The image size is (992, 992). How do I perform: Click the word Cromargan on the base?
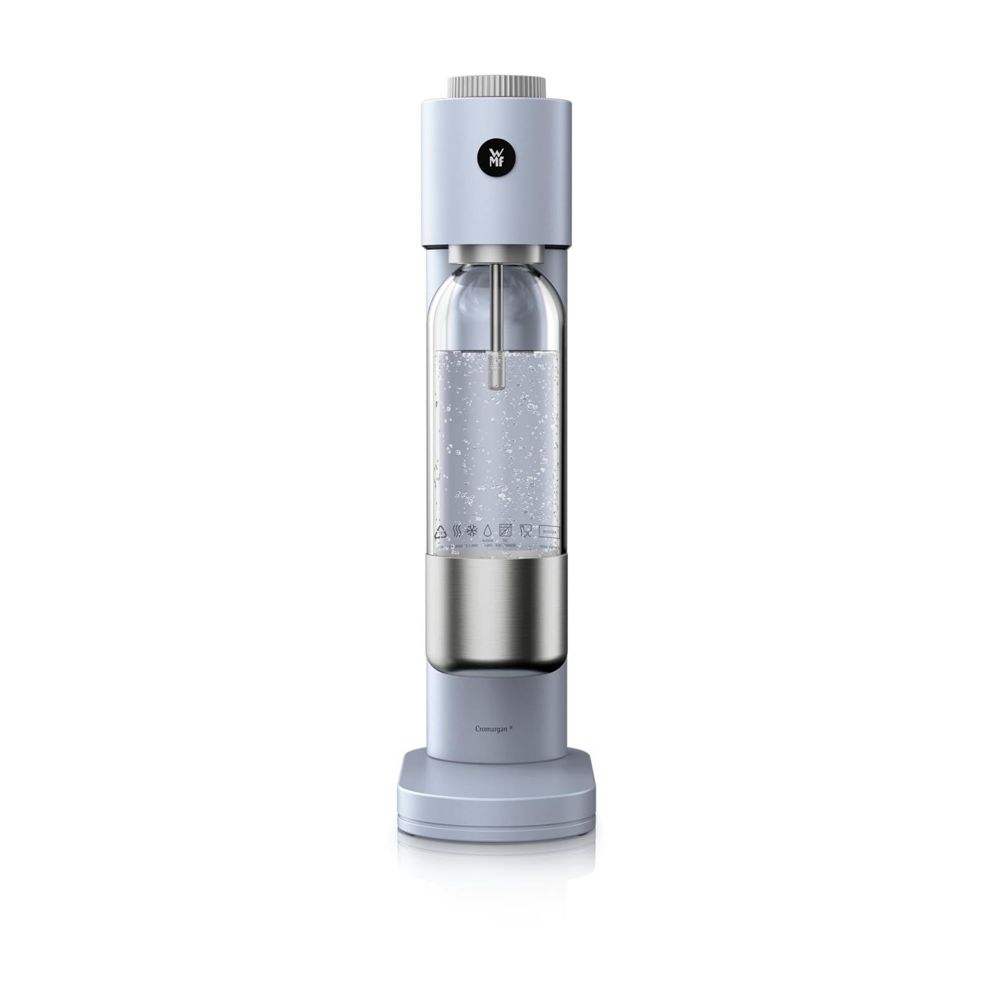click(491, 728)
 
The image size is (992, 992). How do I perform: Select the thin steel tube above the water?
click(497, 302)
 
